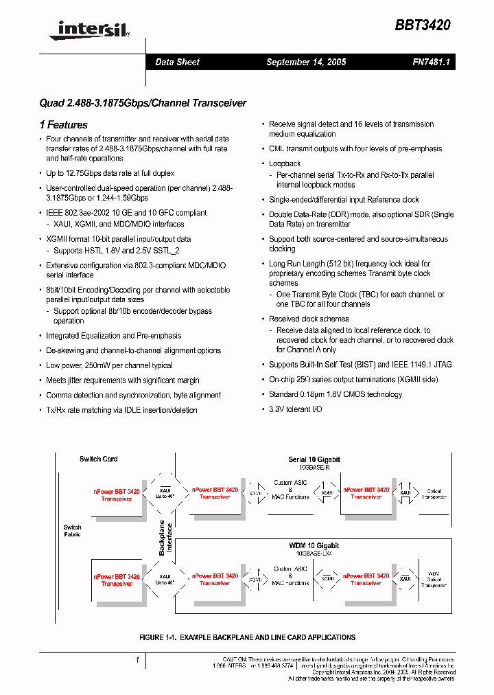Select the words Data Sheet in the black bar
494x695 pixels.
pos(177,62)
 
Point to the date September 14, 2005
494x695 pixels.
pos(306,62)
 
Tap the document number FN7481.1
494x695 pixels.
pos(429,62)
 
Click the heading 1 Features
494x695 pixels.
pos(64,125)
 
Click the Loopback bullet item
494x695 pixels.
pos(285,163)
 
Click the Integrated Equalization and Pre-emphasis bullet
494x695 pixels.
pos(114,336)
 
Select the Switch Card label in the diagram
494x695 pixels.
pos(99,459)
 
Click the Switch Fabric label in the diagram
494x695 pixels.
pos(72,531)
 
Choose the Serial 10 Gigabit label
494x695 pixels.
pos(314,459)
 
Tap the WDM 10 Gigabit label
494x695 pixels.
pos(314,545)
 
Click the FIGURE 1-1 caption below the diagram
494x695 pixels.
pos(247,637)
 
